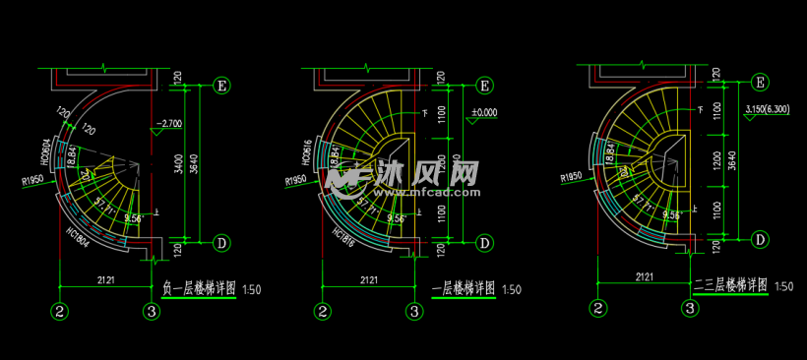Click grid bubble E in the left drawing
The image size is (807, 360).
click(222, 86)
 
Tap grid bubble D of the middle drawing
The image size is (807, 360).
click(484, 242)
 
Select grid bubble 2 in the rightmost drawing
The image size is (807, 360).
click(597, 307)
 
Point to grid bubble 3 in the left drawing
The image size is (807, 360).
click(152, 312)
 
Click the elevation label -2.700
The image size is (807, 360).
click(168, 125)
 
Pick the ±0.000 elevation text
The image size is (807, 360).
click(484, 112)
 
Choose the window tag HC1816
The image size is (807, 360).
click(343, 235)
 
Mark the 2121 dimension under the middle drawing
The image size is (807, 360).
click(369, 280)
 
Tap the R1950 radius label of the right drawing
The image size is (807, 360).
click(572, 178)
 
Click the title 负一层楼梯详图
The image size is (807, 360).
click(197, 289)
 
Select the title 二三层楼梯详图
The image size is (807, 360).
click(729, 285)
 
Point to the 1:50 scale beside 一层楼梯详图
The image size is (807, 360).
click(512, 289)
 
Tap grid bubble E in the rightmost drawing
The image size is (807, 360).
click(760, 82)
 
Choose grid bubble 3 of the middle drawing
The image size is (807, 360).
click(415, 312)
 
